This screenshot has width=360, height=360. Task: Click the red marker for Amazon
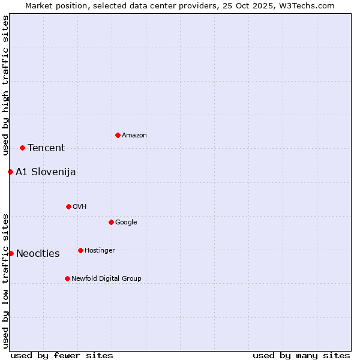click(118, 135)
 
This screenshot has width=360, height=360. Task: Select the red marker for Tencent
click(22, 148)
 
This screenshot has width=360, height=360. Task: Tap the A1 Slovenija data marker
click(10, 172)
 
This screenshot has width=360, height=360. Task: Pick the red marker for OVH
click(68, 206)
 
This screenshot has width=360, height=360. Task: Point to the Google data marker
click(111, 222)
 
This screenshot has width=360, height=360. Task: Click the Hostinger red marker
click(80, 250)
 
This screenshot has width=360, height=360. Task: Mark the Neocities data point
click(11, 253)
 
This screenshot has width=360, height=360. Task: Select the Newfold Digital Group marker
click(67, 278)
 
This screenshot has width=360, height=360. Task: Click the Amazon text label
click(134, 136)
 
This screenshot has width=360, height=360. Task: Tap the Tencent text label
click(46, 148)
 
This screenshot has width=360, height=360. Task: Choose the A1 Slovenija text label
click(46, 172)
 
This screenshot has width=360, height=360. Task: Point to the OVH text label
click(80, 207)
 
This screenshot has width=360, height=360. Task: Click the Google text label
click(126, 223)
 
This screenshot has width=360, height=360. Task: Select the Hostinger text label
click(100, 251)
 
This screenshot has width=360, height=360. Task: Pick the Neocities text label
click(38, 254)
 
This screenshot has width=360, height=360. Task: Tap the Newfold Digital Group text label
click(106, 279)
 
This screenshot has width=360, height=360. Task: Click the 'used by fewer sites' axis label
click(62, 355)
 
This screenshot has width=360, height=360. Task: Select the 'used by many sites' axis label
click(301, 355)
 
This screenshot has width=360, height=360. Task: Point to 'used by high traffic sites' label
click(5, 85)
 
